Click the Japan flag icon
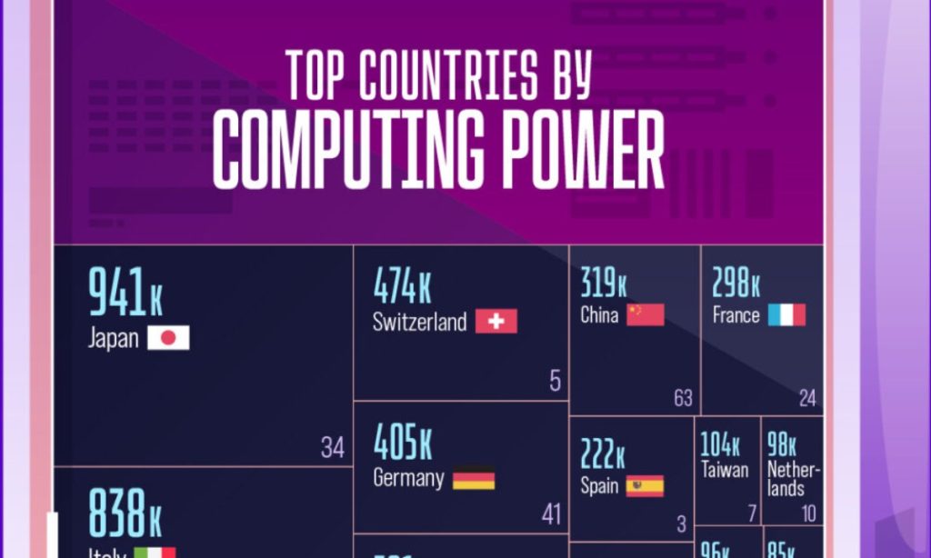(x=168, y=339)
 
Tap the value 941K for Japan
(x=125, y=293)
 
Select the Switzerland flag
(x=496, y=322)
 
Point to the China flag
(x=646, y=314)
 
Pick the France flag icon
(x=786, y=315)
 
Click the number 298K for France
(x=736, y=284)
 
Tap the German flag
(x=474, y=478)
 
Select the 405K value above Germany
(x=403, y=443)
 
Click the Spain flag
(x=645, y=486)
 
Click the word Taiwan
(x=725, y=470)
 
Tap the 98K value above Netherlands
(x=782, y=445)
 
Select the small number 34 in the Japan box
(x=333, y=448)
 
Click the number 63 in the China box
(x=683, y=398)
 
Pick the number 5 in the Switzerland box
(x=555, y=381)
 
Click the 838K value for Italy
(x=125, y=513)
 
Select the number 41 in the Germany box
(x=551, y=514)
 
